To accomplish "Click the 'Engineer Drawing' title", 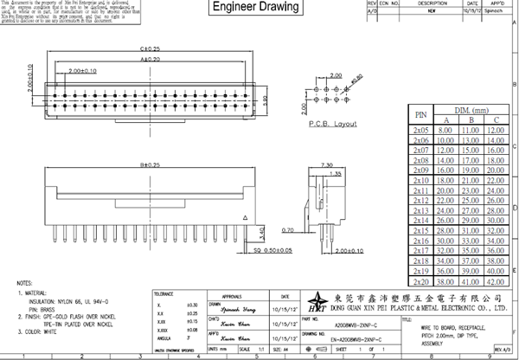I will click(256, 8).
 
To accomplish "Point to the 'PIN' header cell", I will click(421, 113).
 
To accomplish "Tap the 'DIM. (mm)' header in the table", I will click(471, 109).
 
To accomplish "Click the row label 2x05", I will click(421, 129).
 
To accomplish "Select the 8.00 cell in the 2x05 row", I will click(446, 129).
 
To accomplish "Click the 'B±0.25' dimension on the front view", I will click(128, 164).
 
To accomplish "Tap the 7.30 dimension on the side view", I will click(328, 163).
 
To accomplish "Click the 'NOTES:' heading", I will click(26, 284).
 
